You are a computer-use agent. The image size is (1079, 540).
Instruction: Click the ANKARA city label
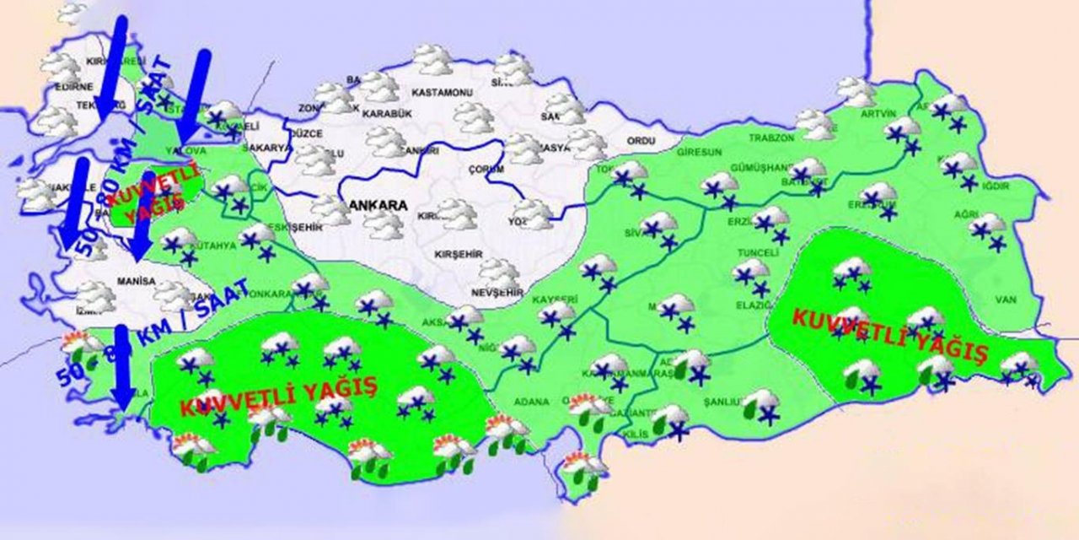tap(378, 205)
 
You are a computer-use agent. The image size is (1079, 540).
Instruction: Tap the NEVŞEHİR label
tap(493, 292)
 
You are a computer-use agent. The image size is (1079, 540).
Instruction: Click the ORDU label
tap(641, 140)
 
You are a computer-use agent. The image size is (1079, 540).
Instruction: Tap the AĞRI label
tap(966, 214)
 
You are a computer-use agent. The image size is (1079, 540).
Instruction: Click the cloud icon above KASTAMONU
tap(433, 59)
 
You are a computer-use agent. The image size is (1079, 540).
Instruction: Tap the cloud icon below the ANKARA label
tap(384, 224)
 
